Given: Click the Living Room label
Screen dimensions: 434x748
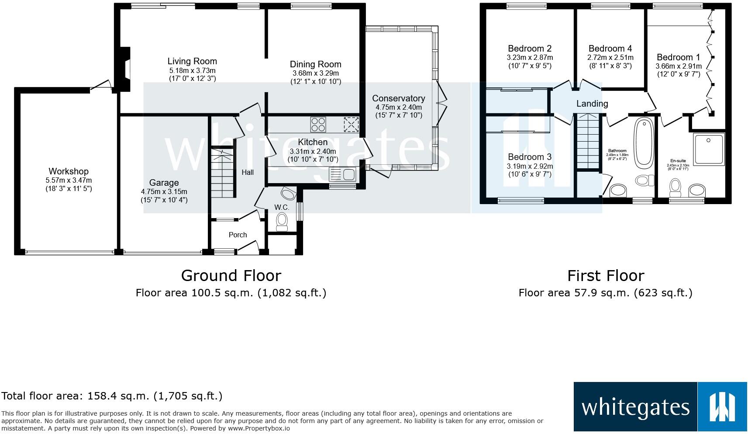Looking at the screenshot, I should click(192, 61).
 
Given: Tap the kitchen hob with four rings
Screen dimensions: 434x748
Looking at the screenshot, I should click(318, 124).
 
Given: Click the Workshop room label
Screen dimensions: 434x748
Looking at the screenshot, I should click(69, 171).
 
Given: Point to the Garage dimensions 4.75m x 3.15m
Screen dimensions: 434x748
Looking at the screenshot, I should click(164, 191).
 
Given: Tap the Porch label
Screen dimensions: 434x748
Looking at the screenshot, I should click(238, 235).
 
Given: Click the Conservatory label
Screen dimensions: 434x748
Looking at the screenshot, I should click(398, 98).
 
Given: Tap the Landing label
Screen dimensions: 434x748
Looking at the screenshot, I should click(592, 104).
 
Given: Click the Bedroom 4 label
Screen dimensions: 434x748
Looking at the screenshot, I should click(610, 49).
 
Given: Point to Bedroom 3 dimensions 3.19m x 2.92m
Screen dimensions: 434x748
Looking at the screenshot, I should click(530, 166).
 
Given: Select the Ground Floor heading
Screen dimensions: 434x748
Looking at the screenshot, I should click(231, 275).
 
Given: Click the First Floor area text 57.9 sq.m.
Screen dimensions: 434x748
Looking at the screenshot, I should click(605, 292).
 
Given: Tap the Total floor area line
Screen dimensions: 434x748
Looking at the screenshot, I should click(112, 396).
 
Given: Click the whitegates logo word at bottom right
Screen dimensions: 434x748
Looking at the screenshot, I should click(635, 407).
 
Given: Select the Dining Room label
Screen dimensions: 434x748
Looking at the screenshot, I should click(315, 65).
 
